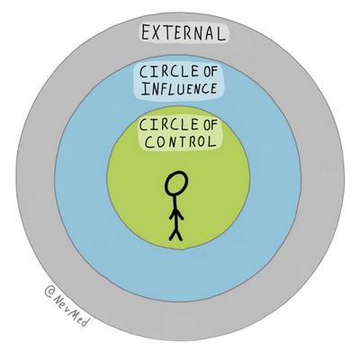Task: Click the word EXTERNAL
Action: click(184, 32)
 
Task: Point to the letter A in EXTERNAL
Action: click(209, 32)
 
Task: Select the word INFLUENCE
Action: click(179, 89)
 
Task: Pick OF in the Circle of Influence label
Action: click(209, 72)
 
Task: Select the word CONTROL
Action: click(181, 141)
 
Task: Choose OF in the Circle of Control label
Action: click(209, 125)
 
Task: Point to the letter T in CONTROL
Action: click(182, 141)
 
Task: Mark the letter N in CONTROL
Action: click(171, 142)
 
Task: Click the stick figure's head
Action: click(176, 184)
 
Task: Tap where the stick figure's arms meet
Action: click(176, 211)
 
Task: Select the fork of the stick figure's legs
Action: click(175, 230)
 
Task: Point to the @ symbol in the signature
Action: click(49, 291)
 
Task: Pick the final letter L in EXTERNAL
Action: click(220, 33)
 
